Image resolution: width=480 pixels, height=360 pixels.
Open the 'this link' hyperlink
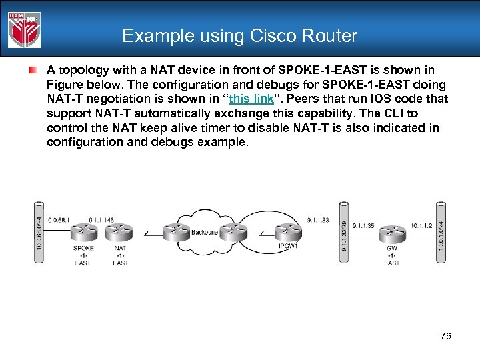[x=251, y=99]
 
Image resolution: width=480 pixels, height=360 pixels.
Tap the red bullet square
[x=32, y=70]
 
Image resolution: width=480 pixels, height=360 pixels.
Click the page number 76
[x=445, y=336]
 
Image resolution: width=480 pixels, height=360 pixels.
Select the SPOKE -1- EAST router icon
[x=83, y=232]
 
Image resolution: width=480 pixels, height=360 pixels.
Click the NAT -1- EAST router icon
[x=120, y=232]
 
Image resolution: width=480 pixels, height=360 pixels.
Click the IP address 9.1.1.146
[x=100, y=220]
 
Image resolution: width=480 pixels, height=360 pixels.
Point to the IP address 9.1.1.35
[x=363, y=226]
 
